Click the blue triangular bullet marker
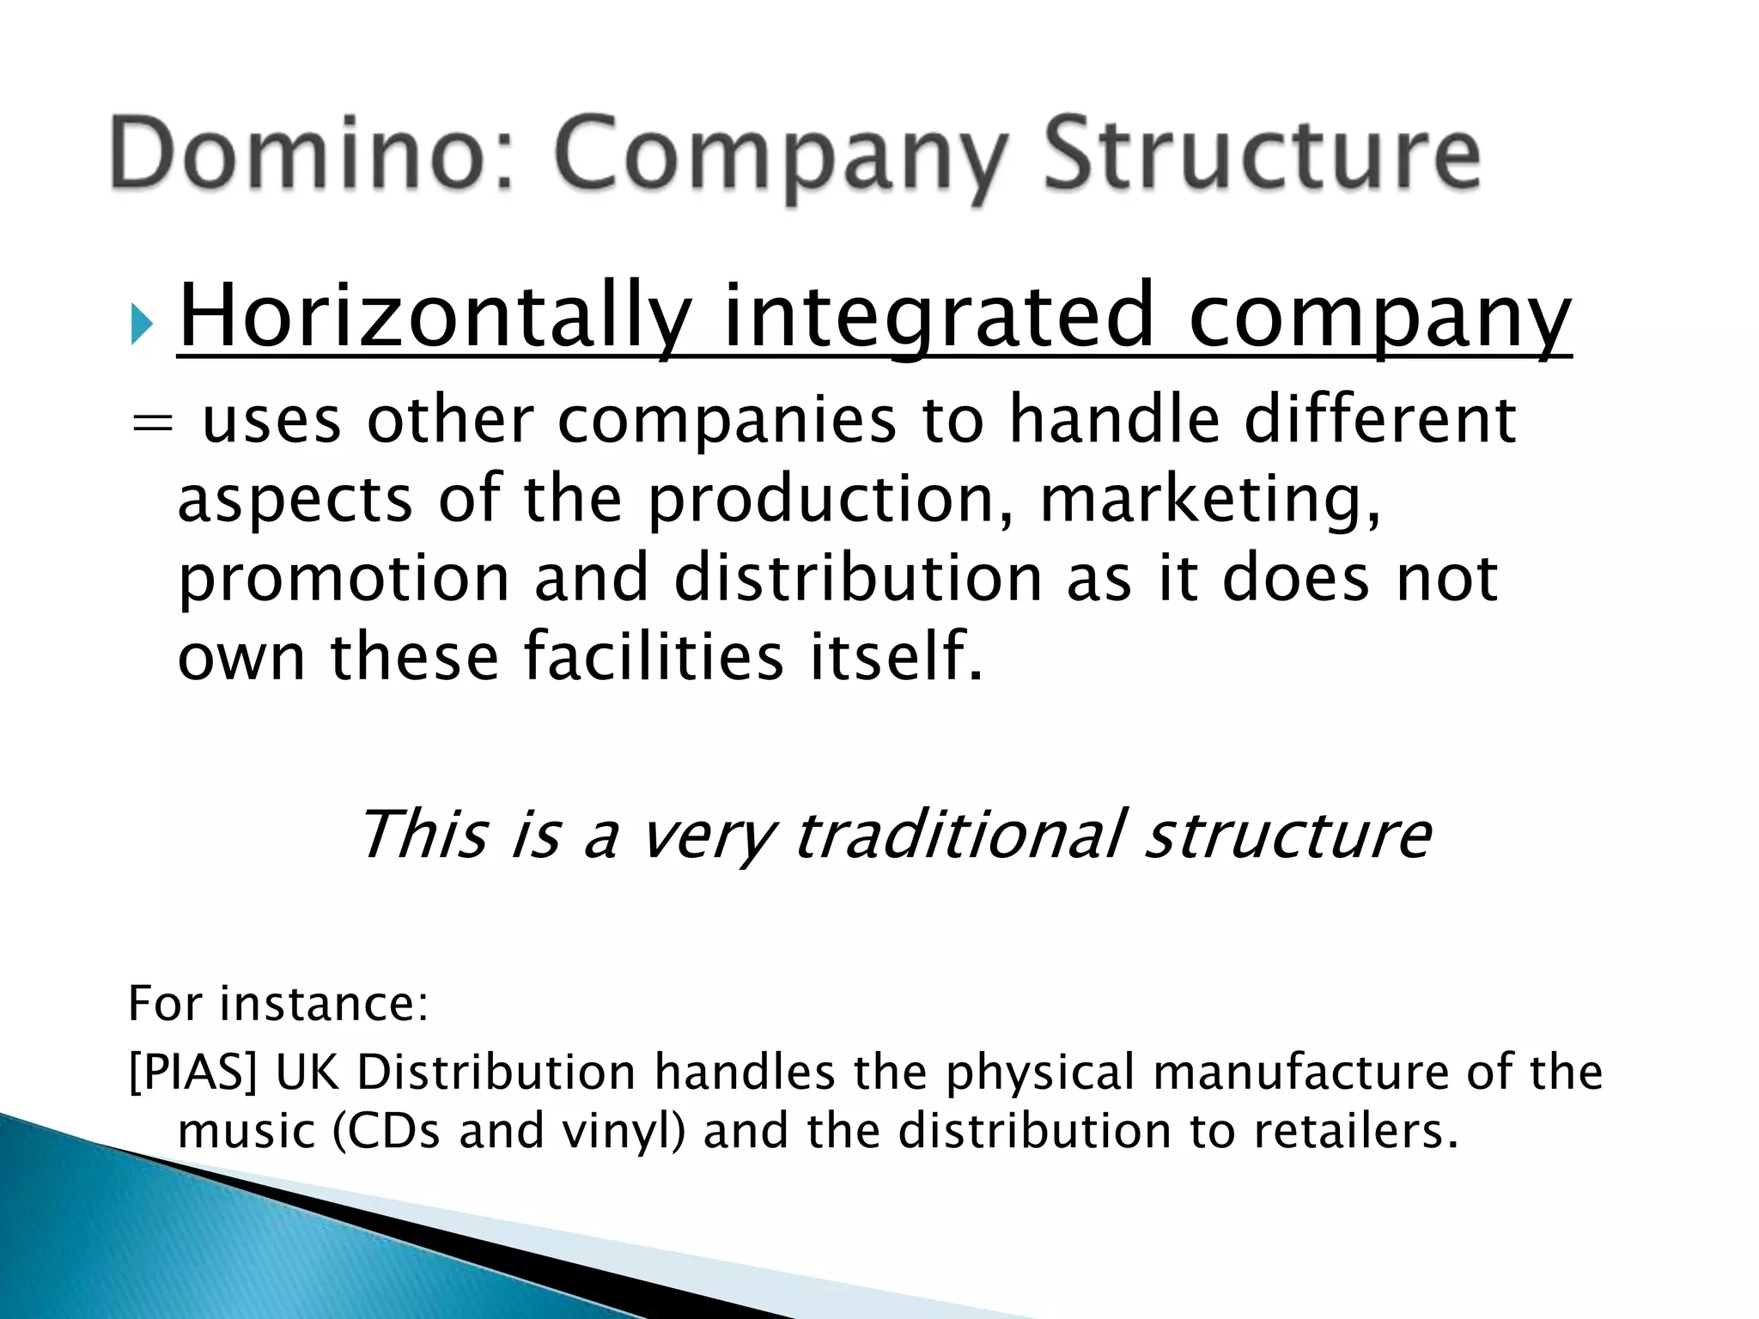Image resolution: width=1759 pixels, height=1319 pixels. tap(143, 325)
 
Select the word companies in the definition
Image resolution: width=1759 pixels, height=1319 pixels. tap(726, 423)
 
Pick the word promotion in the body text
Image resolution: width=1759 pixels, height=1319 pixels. tap(344, 580)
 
